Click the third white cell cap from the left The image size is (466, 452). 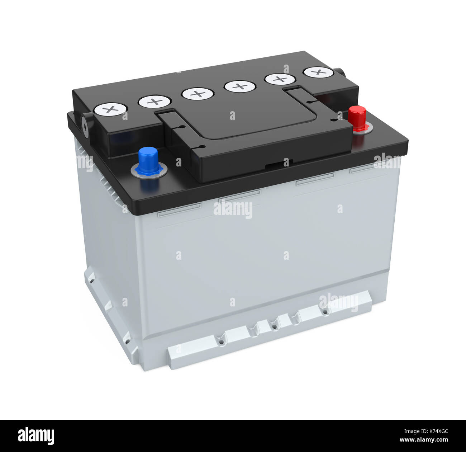tap(198, 94)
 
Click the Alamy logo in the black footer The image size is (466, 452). tap(36, 435)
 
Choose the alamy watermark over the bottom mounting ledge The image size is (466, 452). tap(338, 302)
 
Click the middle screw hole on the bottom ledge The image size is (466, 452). tap(274, 327)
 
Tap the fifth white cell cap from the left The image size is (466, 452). tap(280, 79)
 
